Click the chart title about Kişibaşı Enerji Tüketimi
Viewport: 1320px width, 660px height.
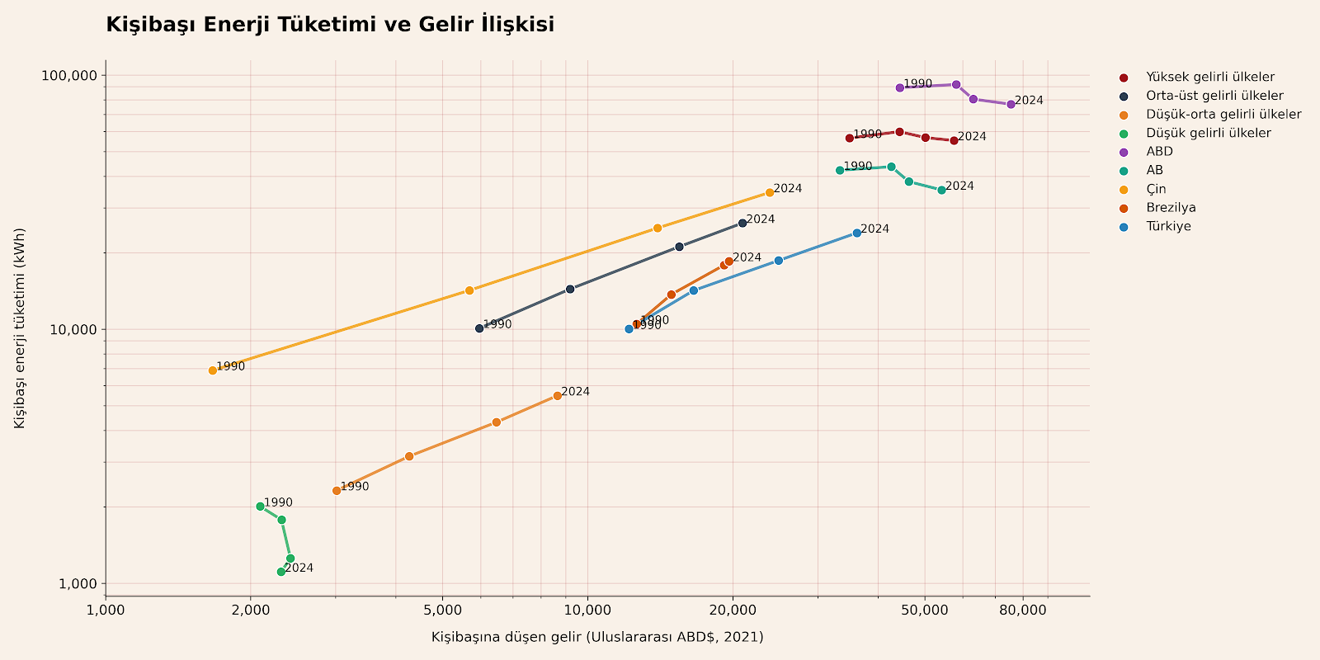[330, 25]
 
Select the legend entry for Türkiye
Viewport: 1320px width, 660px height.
[1168, 227]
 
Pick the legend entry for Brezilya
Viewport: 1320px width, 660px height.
[1171, 208]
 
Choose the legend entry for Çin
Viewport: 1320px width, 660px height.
[1156, 189]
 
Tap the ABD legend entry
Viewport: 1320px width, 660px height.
[1159, 152]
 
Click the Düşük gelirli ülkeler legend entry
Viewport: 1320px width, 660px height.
[1208, 133]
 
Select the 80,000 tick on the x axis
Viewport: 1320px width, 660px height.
[1023, 610]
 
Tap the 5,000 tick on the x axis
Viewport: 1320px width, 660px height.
[442, 610]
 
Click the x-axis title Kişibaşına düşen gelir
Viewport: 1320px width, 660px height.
[596, 637]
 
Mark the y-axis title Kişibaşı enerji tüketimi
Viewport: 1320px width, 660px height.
[20, 328]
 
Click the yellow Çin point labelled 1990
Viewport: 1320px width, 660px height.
[213, 370]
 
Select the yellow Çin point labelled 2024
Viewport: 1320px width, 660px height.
[770, 192]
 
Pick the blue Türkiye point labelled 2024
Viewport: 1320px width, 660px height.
[856, 233]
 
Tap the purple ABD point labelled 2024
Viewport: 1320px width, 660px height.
[1011, 104]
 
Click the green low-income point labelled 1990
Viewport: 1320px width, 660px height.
[260, 506]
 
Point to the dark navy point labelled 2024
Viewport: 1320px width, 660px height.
[742, 223]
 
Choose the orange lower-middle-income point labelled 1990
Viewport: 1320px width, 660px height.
[337, 490]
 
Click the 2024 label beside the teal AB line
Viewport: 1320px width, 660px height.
[959, 186]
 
